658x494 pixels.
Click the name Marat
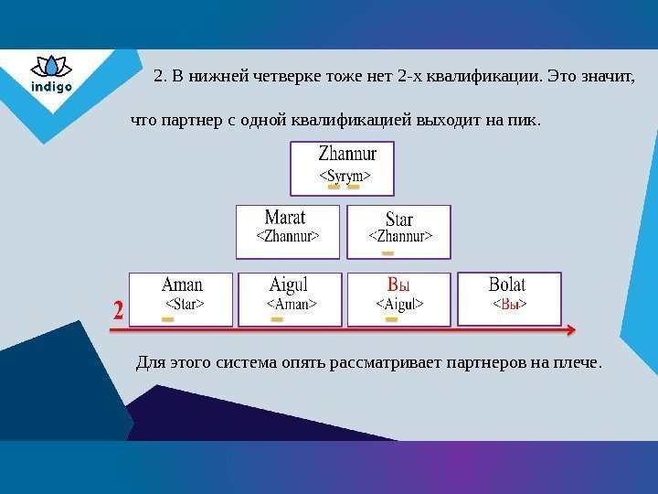[285, 218]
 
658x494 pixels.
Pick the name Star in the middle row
[399, 220]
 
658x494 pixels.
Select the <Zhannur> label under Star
[400, 237]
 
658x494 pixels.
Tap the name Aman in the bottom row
[182, 284]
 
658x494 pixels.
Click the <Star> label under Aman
[184, 303]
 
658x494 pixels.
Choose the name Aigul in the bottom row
[290, 284]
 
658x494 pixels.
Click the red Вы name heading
[399, 284]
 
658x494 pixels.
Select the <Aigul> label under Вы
[400, 303]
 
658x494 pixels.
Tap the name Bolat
[508, 284]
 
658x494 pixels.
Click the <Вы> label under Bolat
[510, 303]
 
